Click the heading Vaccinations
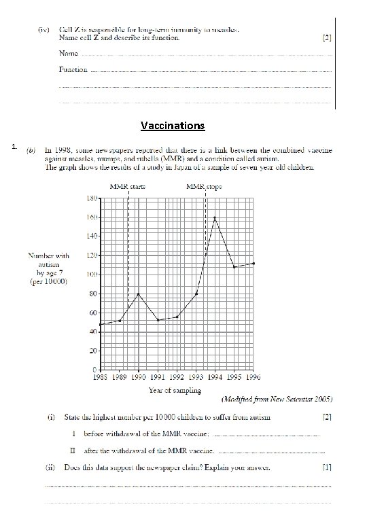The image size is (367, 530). pyautogui.click(x=173, y=126)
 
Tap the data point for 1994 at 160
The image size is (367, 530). pyautogui.click(x=215, y=217)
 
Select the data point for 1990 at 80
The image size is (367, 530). pyautogui.click(x=139, y=294)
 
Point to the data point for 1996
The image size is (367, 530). pyautogui.click(x=254, y=263)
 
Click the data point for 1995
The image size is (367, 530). pyautogui.click(x=234, y=267)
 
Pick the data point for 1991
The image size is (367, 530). pyautogui.click(x=158, y=320)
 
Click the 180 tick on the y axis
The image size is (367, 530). pyautogui.click(x=90, y=198)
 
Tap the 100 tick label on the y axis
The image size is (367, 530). pyautogui.click(x=90, y=275)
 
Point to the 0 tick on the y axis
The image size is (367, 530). pyautogui.click(x=94, y=370)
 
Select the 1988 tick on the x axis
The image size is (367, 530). pyautogui.click(x=101, y=377)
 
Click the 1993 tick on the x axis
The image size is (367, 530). pyautogui.click(x=196, y=377)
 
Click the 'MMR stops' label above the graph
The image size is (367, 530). pyautogui.click(x=204, y=186)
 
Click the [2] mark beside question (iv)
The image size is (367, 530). pyautogui.click(x=326, y=38)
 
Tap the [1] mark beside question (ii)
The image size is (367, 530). pyautogui.click(x=326, y=467)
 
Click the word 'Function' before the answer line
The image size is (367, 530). pyautogui.click(x=73, y=69)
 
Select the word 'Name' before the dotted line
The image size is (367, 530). pyautogui.click(x=68, y=53)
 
